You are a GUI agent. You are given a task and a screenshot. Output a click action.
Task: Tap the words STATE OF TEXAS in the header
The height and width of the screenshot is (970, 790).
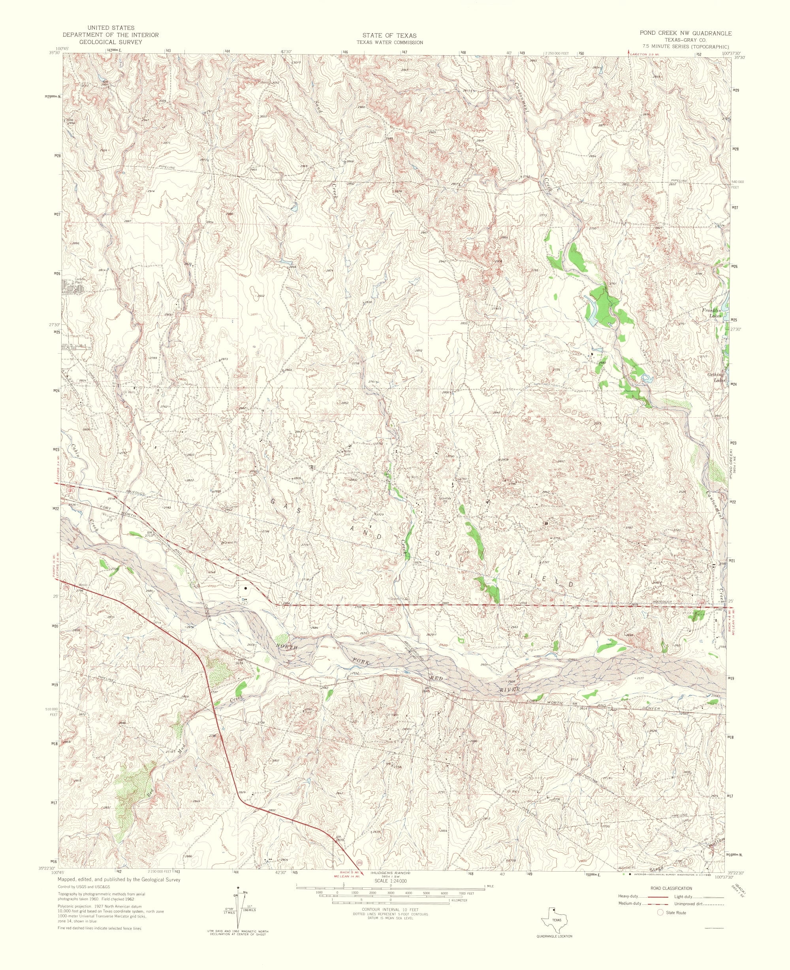coord(389,35)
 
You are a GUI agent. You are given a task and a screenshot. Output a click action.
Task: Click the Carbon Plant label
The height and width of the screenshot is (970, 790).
coord(80,281)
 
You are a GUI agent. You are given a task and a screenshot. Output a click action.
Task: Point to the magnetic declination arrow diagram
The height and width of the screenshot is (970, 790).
coord(238,898)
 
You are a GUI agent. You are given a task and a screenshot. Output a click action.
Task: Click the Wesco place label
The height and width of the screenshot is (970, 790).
coord(83,586)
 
